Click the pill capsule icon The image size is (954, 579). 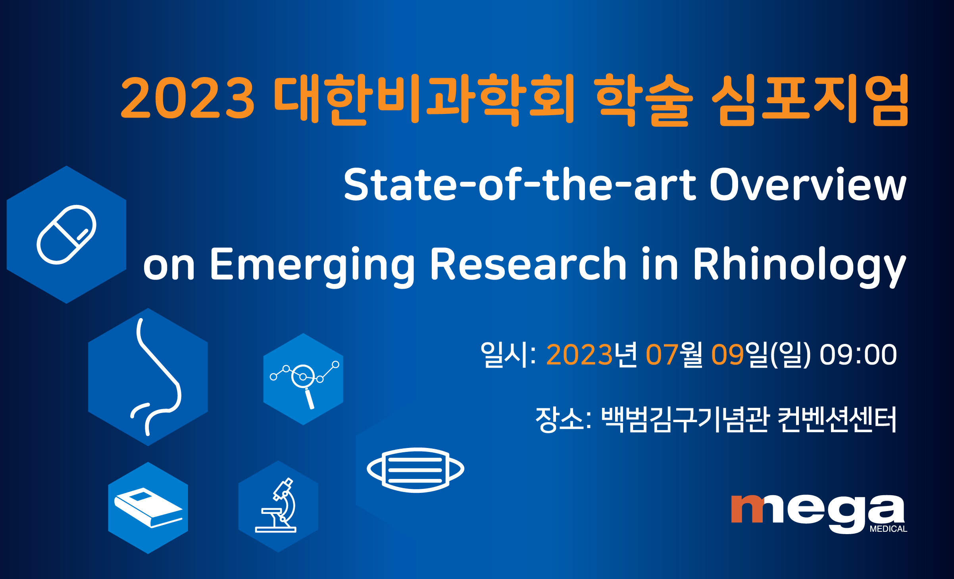click(x=66, y=234)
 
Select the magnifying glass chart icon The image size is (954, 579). click(x=304, y=383)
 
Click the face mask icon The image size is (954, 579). click(x=415, y=470)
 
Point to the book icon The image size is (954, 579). click(x=148, y=508)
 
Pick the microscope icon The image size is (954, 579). click(x=276, y=505)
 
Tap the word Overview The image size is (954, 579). click(x=808, y=184)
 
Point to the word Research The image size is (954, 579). click(x=528, y=264)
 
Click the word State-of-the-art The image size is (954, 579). click(x=520, y=184)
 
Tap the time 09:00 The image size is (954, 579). click(x=858, y=355)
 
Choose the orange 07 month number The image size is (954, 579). click(x=662, y=355)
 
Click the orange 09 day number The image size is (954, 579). click(x=727, y=355)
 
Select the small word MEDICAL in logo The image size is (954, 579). click(x=889, y=529)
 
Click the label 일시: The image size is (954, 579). click(x=508, y=355)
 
